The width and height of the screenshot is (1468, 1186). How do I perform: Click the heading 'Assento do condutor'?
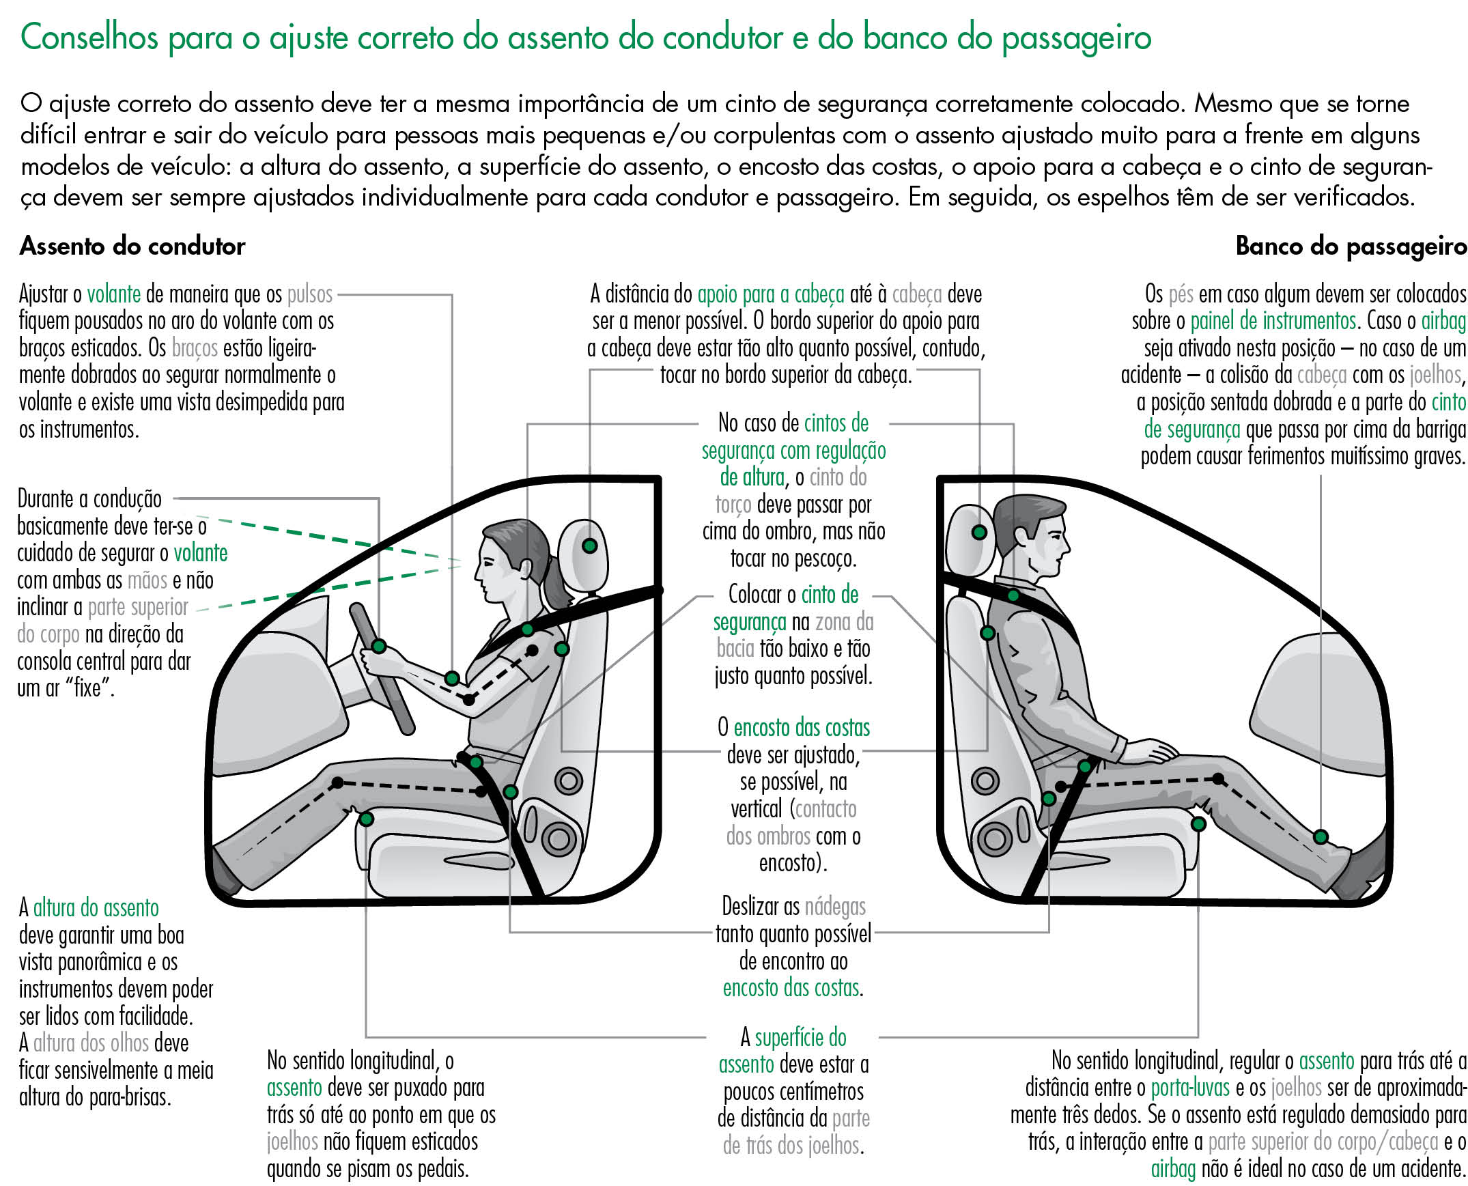(132, 246)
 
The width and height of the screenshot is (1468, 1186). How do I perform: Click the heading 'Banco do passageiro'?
(1351, 246)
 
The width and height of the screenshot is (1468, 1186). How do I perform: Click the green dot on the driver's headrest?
(589, 546)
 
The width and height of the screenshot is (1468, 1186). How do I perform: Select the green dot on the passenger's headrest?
(979, 532)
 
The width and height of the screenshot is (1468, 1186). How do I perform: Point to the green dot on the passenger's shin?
(1321, 837)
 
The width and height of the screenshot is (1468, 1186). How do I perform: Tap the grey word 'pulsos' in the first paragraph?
(309, 294)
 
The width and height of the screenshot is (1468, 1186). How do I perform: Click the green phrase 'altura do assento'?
(96, 908)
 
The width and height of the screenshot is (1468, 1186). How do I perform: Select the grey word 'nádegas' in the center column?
(835, 907)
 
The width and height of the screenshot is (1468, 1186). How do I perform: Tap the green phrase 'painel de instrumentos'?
(1273, 321)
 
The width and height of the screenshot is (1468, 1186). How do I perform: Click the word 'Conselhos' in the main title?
(89, 38)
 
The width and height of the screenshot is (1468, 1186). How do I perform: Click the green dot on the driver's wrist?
(451, 679)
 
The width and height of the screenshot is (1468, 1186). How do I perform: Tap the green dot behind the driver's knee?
(366, 819)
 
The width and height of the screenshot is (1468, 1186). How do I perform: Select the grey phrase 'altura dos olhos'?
(91, 1043)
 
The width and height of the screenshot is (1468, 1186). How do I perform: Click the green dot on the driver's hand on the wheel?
(378, 646)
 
